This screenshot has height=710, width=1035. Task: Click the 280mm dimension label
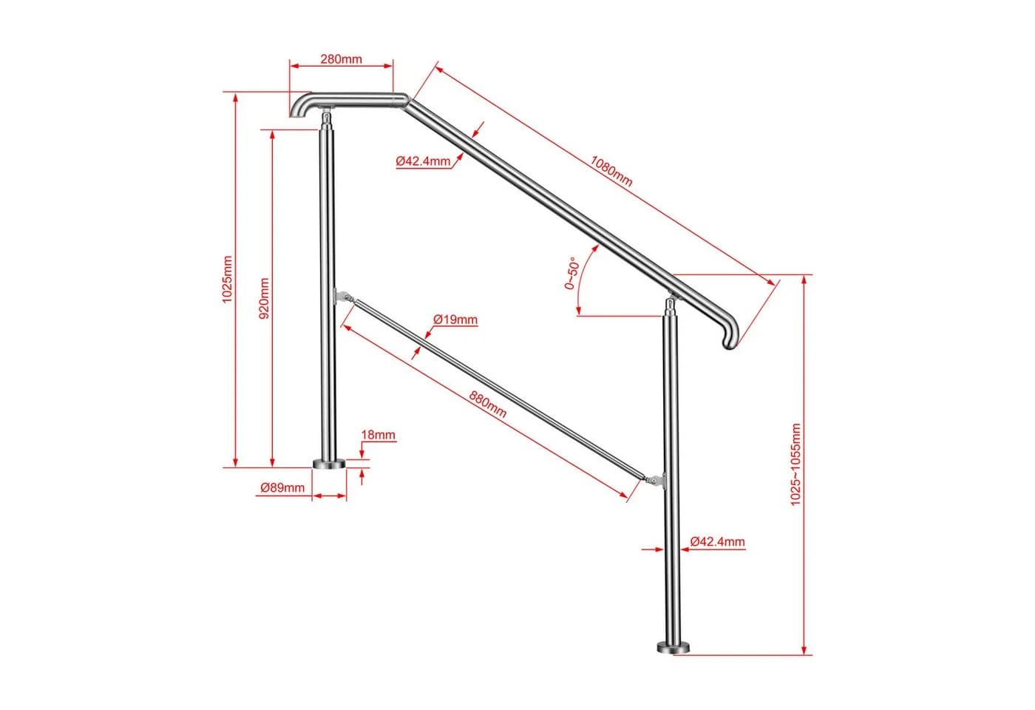pos(341,59)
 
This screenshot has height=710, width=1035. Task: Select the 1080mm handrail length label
pos(611,172)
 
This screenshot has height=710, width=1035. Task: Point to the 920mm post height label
pos(264,298)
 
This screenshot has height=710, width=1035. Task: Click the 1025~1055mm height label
pos(795,464)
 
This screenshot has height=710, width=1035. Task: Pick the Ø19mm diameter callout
pos(455,319)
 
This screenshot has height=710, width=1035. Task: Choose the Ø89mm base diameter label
pos(282,487)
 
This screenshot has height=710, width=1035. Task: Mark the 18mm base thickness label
pos(378,435)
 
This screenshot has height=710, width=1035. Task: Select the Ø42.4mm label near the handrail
pos(423,161)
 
